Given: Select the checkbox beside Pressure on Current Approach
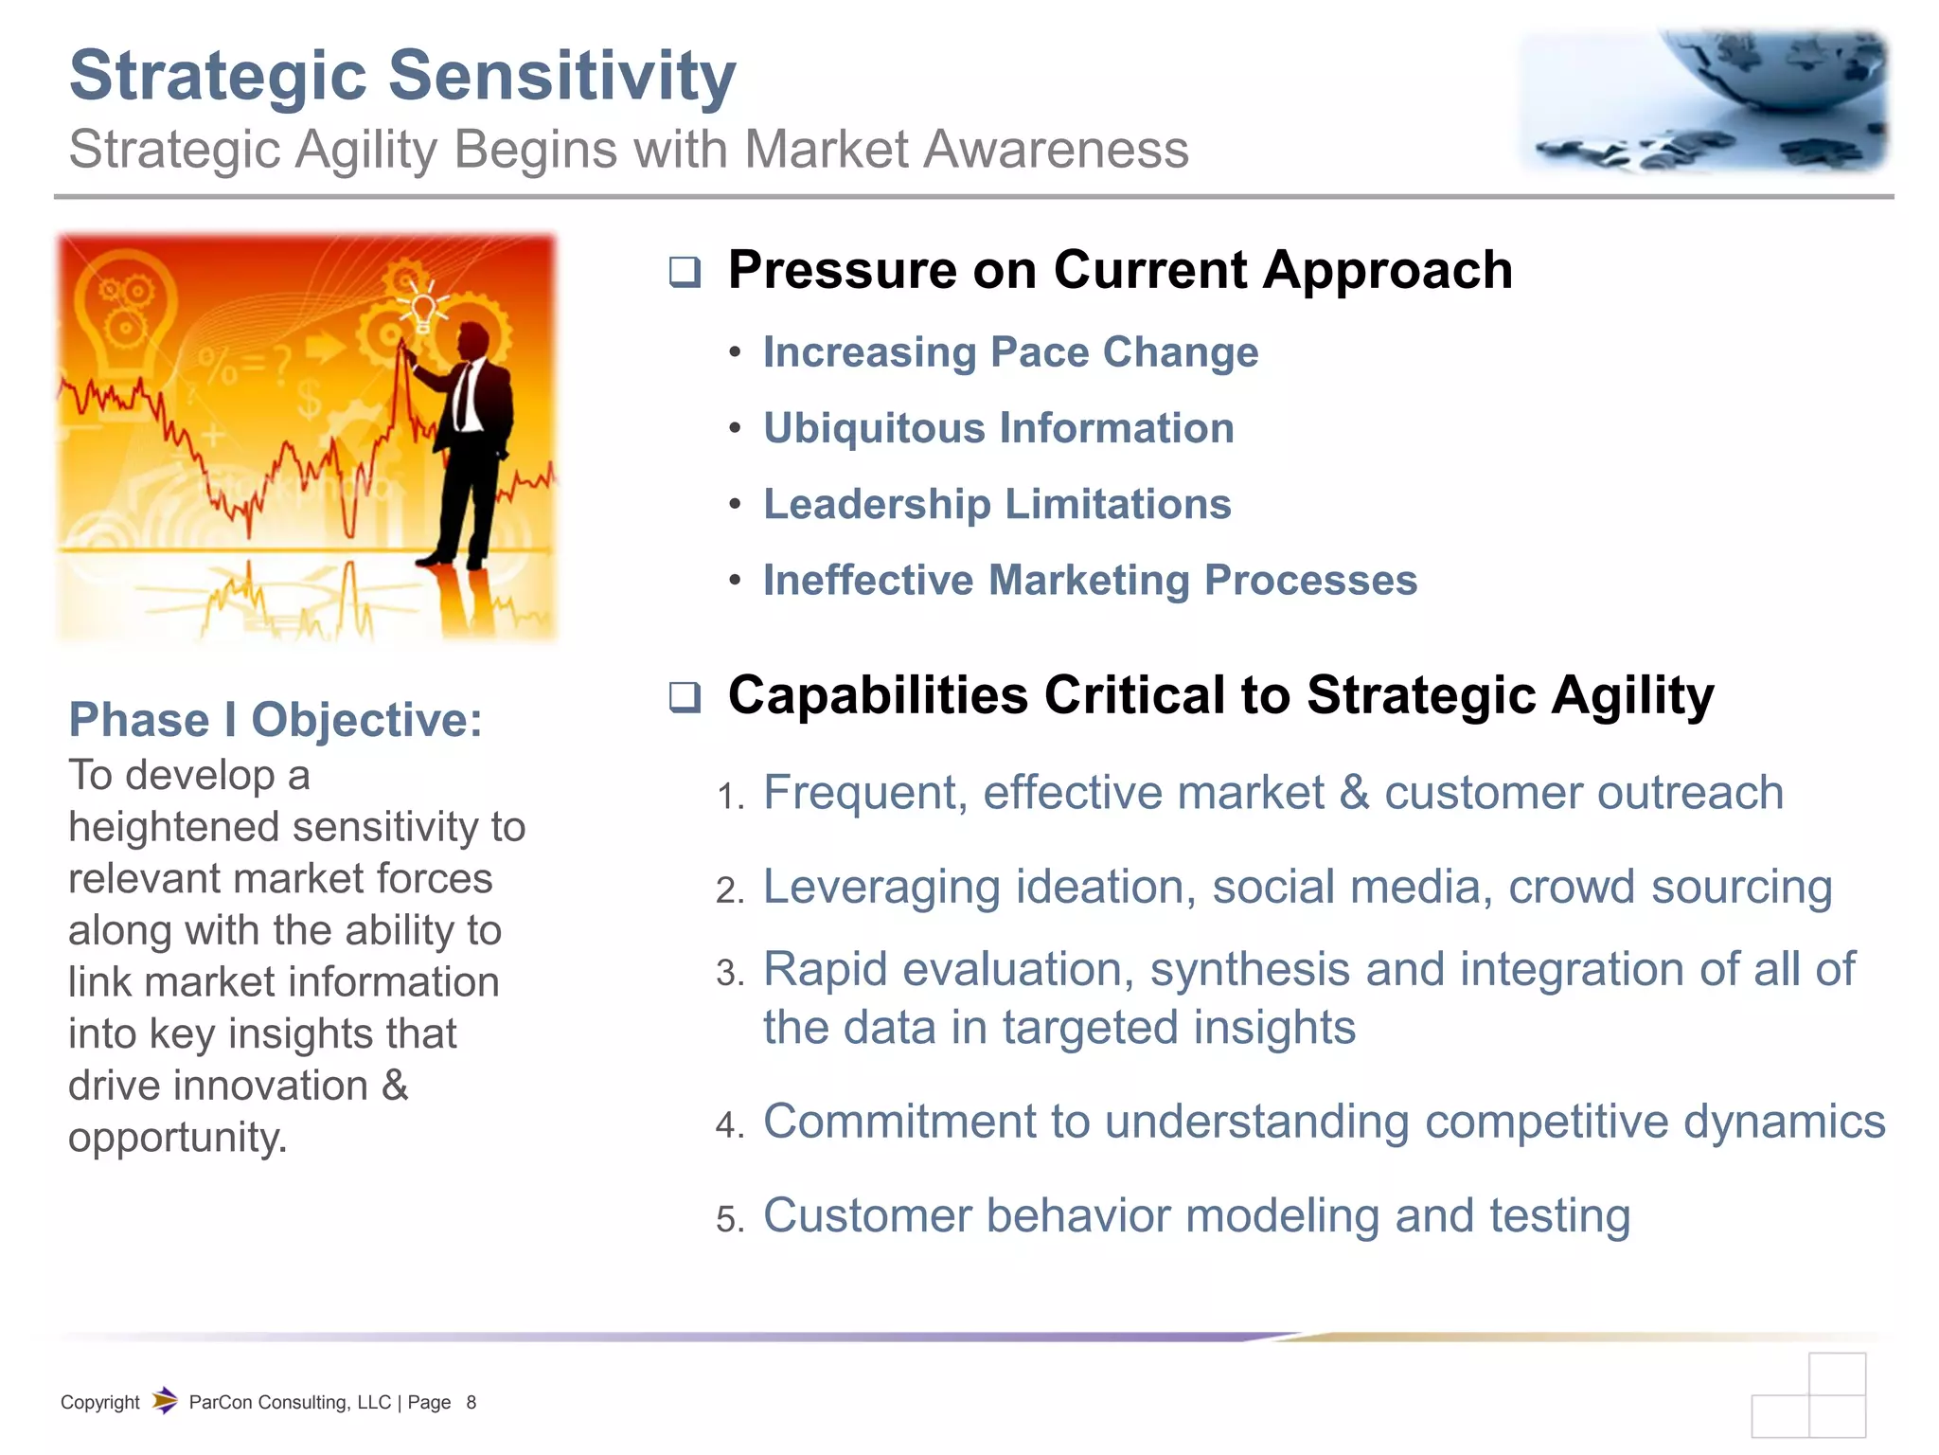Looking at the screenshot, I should [685, 272].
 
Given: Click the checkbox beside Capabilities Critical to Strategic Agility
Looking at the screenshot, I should [685, 697].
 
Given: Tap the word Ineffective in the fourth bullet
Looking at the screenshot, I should [867, 580].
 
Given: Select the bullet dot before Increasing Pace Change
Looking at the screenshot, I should [735, 353].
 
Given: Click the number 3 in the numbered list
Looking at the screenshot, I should [728, 974].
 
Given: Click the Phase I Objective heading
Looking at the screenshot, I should [276, 720].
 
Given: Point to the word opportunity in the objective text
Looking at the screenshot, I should [177, 1138].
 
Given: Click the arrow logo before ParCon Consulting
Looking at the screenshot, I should [165, 1400].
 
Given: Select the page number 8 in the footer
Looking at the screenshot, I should [471, 1403].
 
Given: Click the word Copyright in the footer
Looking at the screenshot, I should [99, 1403].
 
